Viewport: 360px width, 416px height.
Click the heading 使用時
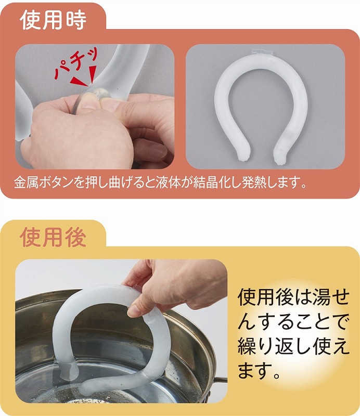(53, 20)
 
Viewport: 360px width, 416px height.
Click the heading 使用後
(53, 238)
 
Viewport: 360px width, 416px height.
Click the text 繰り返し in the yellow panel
(275, 347)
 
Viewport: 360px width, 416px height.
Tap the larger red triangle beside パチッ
(79, 82)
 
